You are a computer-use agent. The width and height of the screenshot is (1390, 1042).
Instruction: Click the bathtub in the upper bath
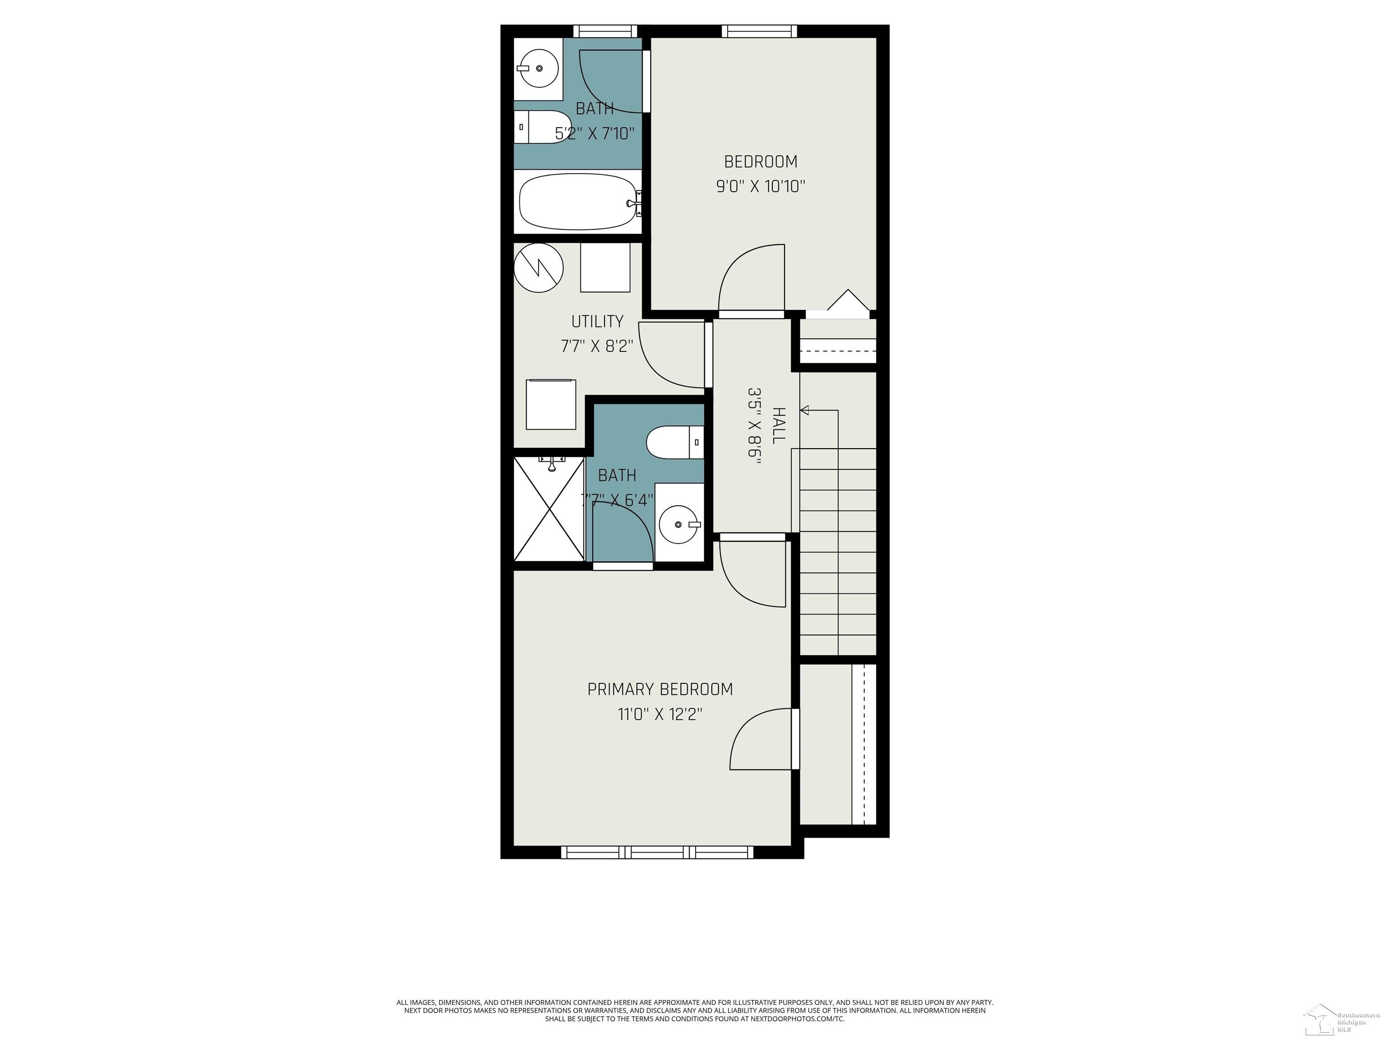578,202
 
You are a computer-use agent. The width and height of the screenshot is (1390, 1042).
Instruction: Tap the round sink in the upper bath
538,68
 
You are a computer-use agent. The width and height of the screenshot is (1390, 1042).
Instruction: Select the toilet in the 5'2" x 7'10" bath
543,127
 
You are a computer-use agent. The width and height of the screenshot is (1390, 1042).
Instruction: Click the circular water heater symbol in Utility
538,268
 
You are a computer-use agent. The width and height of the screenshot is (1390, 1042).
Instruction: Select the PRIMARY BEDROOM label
660,690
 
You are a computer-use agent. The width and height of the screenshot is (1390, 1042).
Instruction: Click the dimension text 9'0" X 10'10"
760,186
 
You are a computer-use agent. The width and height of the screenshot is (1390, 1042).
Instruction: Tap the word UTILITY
597,322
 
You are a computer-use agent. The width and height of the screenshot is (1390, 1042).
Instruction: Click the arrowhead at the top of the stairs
805,410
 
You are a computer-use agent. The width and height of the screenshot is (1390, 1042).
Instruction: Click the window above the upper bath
605,31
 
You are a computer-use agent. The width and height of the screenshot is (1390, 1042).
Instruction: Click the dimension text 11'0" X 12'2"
660,715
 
